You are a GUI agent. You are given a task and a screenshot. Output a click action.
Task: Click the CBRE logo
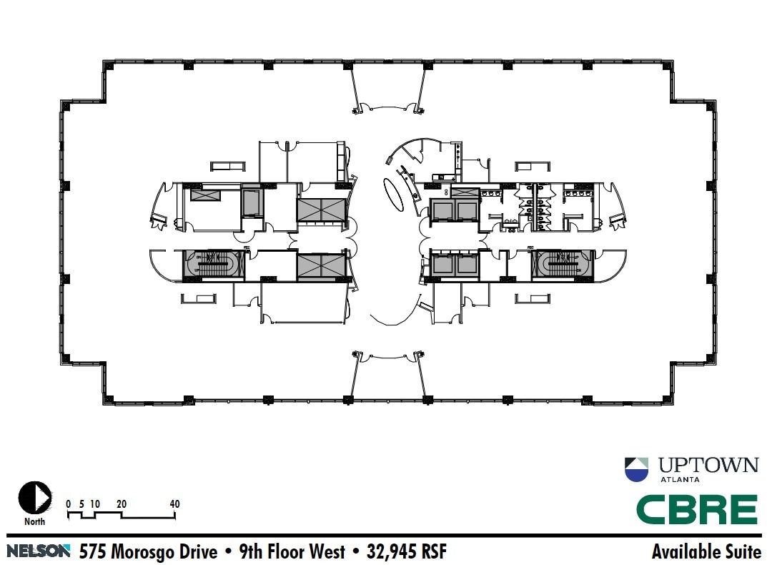pos(696,509)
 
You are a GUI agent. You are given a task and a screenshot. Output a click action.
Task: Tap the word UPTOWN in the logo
pos(704,465)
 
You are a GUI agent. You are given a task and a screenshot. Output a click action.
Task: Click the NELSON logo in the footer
pos(39,551)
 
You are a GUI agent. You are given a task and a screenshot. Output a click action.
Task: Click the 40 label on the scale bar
pos(174,504)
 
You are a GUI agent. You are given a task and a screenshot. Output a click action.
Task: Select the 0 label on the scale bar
pos(69,504)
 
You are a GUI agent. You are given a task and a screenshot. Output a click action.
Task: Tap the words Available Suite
pos(706,551)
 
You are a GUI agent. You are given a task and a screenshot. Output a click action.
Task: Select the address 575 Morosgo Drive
pos(148,551)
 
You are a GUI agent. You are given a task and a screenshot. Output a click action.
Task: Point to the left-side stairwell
pos(214,265)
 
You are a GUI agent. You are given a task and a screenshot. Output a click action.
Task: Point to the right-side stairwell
pos(562,264)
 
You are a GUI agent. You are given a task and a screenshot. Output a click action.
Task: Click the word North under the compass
pos(34,521)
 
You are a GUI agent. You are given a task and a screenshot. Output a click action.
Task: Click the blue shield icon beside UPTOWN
pos(636,468)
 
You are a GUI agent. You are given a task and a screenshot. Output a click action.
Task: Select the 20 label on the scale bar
pos(122,504)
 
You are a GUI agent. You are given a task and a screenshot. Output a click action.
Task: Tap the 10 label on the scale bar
pos(94,504)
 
